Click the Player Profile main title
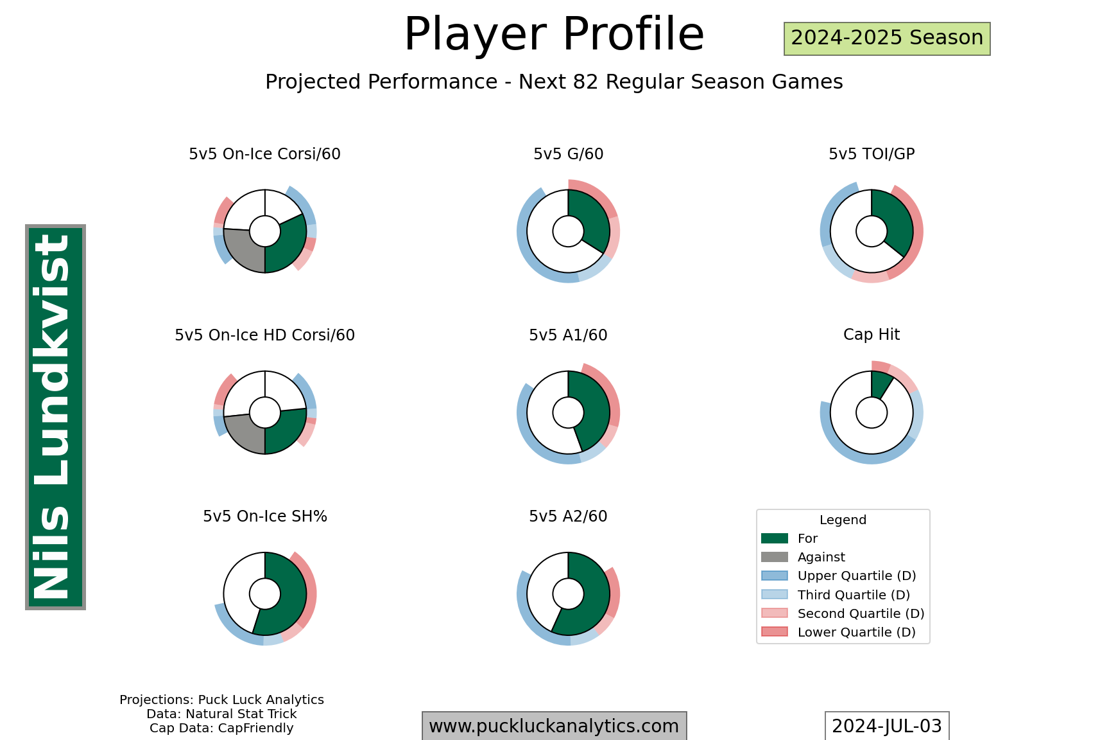tap(554, 35)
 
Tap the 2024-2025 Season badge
tap(887, 39)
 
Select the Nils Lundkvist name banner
tap(55, 417)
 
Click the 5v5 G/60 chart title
tap(568, 154)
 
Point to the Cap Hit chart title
tap(871, 335)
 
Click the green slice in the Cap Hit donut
tap(881, 385)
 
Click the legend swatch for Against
tap(774, 557)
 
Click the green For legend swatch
tap(774, 538)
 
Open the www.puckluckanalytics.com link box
tap(554, 727)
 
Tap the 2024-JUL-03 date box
tap(886, 727)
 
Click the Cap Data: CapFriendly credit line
tap(221, 728)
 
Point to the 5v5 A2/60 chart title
tap(568, 516)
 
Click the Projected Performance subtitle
tap(554, 82)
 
